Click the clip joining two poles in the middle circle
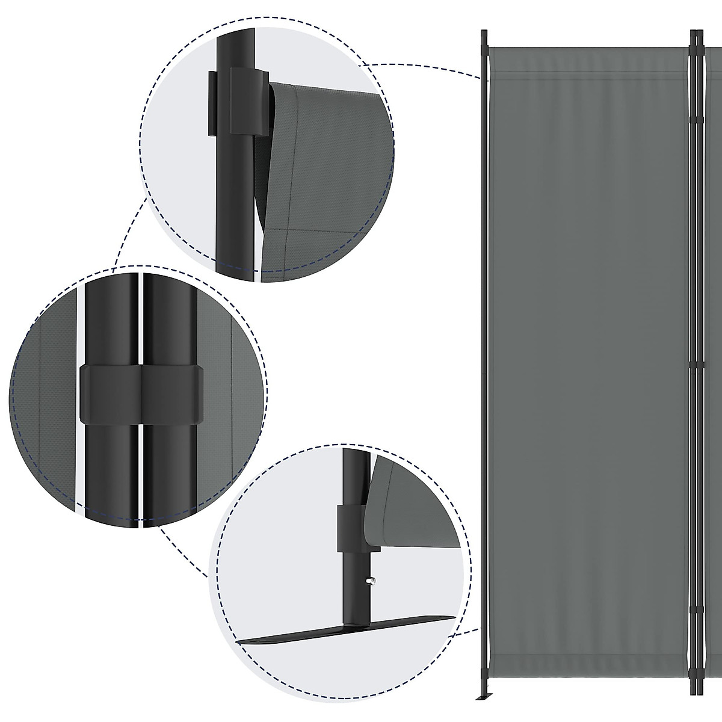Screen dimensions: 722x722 (141, 393)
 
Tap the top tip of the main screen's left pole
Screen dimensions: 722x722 (484, 31)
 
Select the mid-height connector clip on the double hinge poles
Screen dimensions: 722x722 (697, 365)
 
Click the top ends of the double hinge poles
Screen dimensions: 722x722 (696, 34)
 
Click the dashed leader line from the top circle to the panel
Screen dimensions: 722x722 (421, 65)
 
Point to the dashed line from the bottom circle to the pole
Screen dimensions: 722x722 (466, 631)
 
